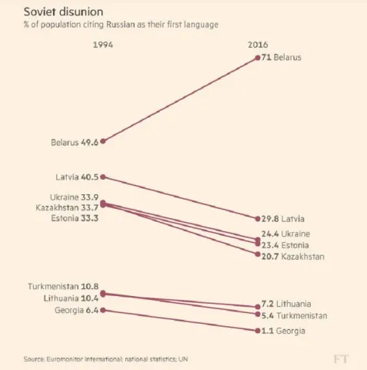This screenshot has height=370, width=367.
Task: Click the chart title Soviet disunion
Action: [x=63, y=12]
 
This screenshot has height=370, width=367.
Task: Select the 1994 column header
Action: [x=103, y=45]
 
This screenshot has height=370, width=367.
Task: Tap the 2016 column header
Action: [x=258, y=45]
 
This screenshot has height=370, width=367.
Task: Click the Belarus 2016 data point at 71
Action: [x=258, y=58]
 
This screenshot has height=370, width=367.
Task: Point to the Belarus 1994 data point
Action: [x=103, y=141]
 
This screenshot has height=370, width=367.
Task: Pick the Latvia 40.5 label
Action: [x=77, y=177]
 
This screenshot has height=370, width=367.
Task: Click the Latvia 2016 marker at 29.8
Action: [x=258, y=219]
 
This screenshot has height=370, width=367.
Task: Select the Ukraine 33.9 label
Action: [x=74, y=197]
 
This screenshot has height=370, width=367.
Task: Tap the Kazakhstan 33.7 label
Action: [x=67, y=207]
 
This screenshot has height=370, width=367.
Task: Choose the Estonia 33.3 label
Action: [x=75, y=218]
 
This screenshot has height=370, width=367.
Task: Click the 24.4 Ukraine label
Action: [x=285, y=234]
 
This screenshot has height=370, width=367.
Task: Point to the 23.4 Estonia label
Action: [x=285, y=245]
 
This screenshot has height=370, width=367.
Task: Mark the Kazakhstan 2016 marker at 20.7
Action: [x=258, y=254]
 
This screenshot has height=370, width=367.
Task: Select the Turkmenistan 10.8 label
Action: [x=63, y=287]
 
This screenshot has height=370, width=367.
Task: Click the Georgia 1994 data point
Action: [x=103, y=311]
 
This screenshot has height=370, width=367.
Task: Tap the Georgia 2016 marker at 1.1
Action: [x=258, y=331]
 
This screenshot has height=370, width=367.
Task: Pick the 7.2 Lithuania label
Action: [x=286, y=304]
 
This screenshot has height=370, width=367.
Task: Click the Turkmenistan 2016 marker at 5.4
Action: [x=258, y=314]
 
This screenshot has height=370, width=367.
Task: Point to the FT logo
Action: [x=342, y=359]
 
